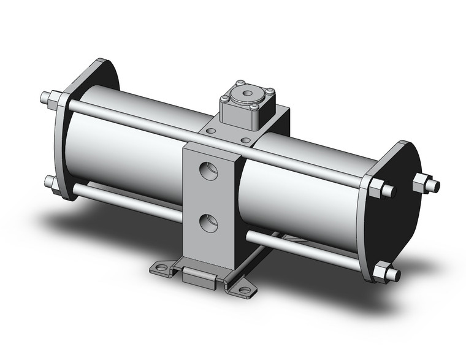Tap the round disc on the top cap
tap(249, 94)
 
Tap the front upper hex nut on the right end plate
tap(384, 188)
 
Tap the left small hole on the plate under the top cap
tap(212, 131)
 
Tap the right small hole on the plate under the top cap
tap(245, 140)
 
